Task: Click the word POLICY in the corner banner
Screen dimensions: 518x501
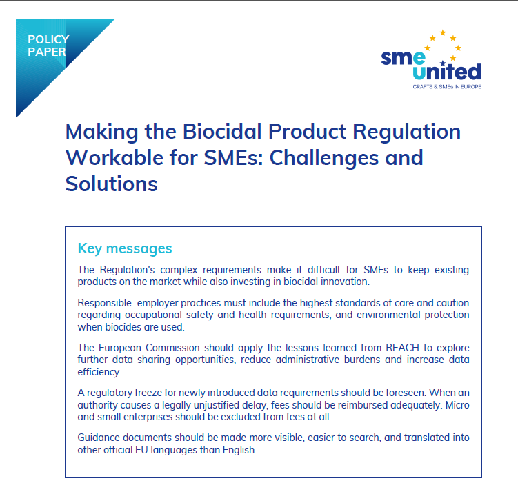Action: [x=48, y=39]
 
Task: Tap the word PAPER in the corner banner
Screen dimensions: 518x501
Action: [x=47, y=52]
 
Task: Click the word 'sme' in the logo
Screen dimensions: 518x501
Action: [x=403, y=57]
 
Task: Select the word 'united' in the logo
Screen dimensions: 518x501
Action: [x=447, y=71]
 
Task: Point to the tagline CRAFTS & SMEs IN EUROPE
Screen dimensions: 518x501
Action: [x=447, y=87]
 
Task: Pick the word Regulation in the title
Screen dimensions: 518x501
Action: [x=407, y=132]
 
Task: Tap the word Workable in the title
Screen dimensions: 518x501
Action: [x=114, y=157]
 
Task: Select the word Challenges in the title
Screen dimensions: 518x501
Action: [x=324, y=158]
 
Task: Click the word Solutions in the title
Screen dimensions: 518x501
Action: [x=111, y=184]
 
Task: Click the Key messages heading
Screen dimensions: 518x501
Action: [x=125, y=248]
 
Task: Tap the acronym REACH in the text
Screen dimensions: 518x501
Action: [x=402, y=348]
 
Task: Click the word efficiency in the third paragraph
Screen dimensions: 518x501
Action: [x=99, y=372]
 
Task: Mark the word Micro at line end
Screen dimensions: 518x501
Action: [x=457, y=405]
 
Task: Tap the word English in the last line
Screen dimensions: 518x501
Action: [x=239, y=450]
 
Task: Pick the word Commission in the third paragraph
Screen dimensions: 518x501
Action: [x=172, y=348]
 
